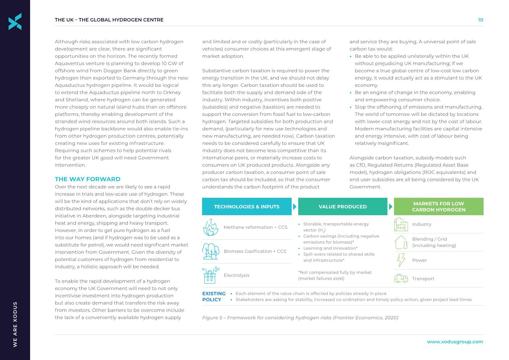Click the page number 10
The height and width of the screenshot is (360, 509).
[x=480, y=20]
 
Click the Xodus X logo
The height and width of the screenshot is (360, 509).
[x=15, y=21]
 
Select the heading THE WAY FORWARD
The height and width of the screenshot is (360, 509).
[x=87, y=179]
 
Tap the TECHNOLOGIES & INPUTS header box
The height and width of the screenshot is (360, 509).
[x=247, y=206]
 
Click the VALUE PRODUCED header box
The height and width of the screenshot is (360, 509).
[x=342, y=206]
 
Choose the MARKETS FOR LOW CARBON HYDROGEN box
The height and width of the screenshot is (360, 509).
[x=438, y=206]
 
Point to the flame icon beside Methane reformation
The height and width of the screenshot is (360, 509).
[x=211, y=227]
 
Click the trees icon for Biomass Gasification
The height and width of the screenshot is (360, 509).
[x=211, y=251]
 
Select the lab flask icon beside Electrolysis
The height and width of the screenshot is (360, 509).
[x=210, y=275]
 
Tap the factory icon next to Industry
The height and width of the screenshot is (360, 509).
[x=401, y=224]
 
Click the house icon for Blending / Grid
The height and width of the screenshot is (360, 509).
[x=401, y=242]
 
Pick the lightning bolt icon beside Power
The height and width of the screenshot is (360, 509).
[x=401, y=260]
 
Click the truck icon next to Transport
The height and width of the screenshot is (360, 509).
[x=401, y=278]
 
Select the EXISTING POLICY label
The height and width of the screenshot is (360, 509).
[x=214, y=296]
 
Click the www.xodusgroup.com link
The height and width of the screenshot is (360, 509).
[x=455, y=341]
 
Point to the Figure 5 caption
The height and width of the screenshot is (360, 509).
[x=300, y=318]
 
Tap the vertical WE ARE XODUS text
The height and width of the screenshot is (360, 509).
[x=15, y=324]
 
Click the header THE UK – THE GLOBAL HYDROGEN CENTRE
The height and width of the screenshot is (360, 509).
[x=109, y=20]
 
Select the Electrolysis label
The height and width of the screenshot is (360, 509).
[x=237, y=275]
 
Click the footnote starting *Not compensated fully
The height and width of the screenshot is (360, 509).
[x=334, y=275]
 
